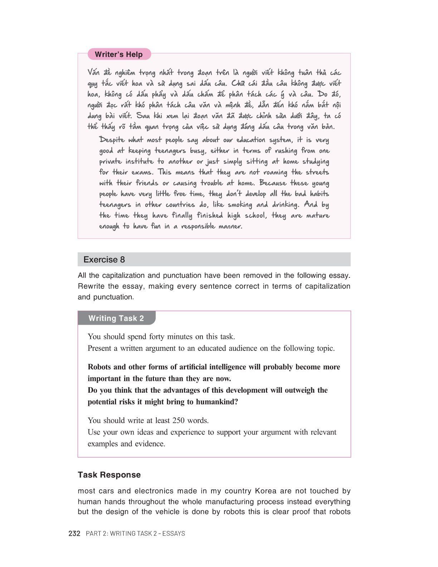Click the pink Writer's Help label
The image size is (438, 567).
[x=119, y=54]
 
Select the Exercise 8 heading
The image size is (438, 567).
[x=104, y=260]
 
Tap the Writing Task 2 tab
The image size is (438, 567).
[x=116, y=318]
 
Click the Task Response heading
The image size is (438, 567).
[x=109, y=475]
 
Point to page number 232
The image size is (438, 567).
[x=74, y=533]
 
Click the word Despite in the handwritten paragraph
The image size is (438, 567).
[x=112, y=140]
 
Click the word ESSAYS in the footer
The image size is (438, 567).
[x=174, y=533]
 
